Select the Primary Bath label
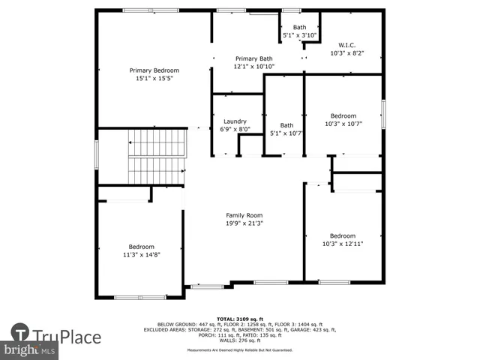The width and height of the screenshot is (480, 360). pos(254,58)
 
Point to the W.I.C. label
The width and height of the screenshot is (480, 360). pos(347,45)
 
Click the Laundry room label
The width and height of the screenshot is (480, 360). pos(235,121)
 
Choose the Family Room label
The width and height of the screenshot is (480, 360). pos(244,215)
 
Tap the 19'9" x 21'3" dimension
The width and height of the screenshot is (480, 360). pos(244,223)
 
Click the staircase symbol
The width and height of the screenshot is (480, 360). pos(155,156)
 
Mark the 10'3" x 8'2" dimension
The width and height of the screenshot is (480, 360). pos(347,53)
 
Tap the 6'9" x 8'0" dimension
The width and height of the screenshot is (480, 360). pos(235,130)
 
